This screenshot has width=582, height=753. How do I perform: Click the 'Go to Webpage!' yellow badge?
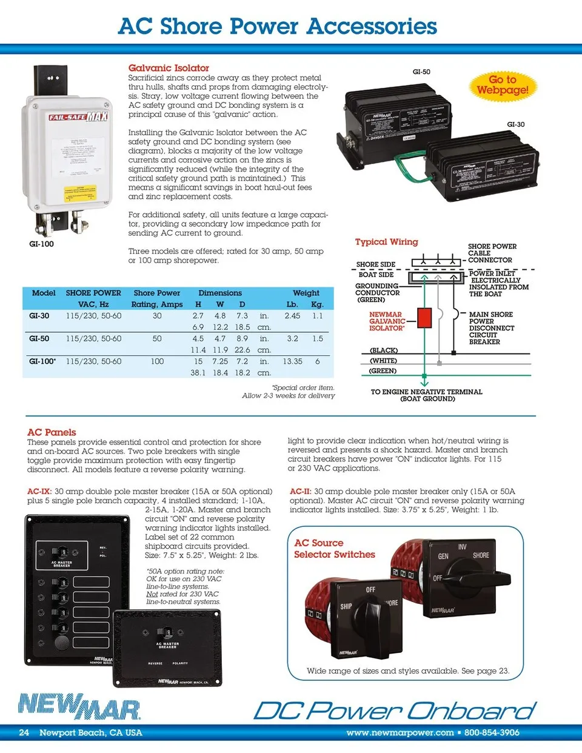tap(502, 85)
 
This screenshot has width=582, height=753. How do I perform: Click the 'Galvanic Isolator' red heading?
tap(169, 68)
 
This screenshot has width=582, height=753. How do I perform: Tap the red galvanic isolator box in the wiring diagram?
tap(424, 317)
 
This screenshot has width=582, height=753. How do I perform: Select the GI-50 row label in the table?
tap(39, 338)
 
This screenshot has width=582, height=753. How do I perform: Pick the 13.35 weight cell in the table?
tap(292, 361)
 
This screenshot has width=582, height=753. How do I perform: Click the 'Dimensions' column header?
tap(220, 293)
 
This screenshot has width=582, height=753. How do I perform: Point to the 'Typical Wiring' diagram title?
tap(386, 242)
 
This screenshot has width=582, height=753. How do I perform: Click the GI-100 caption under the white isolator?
tap(41, 244)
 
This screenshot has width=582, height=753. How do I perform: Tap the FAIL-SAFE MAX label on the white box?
tap(78, 116)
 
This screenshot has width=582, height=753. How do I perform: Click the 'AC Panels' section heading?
tap(52, 432)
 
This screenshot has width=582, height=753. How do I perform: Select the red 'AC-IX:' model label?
tap(39, 492)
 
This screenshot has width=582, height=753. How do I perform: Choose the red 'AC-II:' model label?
tap(301, 492)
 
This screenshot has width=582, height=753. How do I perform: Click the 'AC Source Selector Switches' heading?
tap(334, 549)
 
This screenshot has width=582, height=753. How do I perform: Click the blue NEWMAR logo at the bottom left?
tap(79, 706)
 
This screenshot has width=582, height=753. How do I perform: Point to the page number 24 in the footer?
tap(24, 732)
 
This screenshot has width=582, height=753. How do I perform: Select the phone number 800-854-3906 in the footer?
tap(492, 732)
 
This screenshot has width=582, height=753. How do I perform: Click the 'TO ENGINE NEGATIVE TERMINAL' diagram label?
tap(427, 392)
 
